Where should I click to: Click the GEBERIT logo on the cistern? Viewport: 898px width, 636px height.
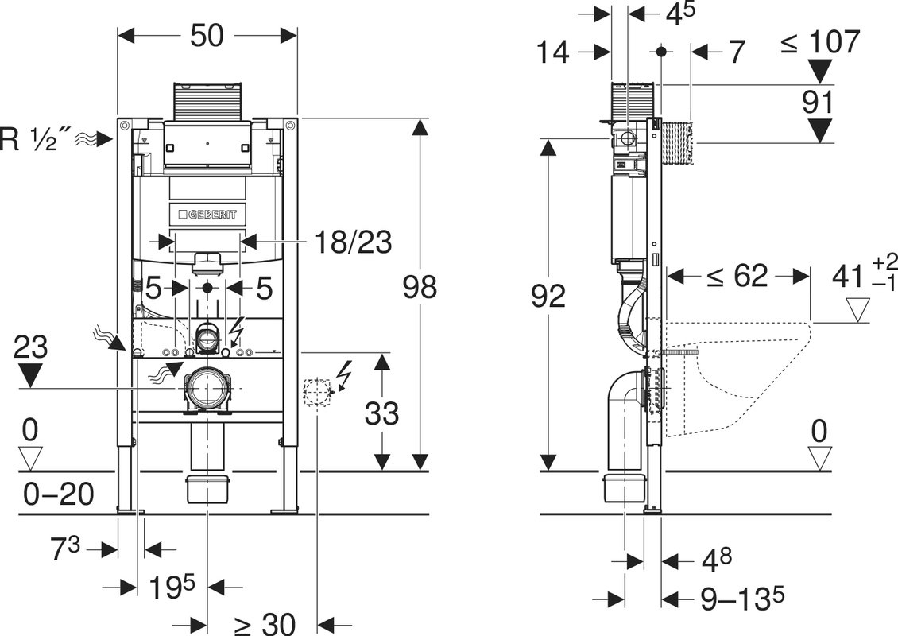pyautogui.click(x=207, y=214)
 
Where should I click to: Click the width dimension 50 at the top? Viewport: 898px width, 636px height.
pyautogui.click(x=207, y=35)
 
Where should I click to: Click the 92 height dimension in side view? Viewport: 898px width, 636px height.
pyautogui.click(x=548, y=296)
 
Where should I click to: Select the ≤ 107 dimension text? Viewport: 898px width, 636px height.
pyautogui.click(x=820, y=41)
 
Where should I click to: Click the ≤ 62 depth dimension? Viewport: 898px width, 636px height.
pyautogui.click(x=737, y=276)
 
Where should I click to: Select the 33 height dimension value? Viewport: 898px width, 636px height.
pyautogui.click(x=381, y=413)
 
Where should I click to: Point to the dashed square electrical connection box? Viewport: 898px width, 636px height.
pyautogui.click(x=316, y=393)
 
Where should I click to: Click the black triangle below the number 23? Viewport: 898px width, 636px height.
pyautogui.click(x=30, y=376)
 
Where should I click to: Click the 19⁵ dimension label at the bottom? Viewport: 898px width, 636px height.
pyautogui.click(x=172, y=587)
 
